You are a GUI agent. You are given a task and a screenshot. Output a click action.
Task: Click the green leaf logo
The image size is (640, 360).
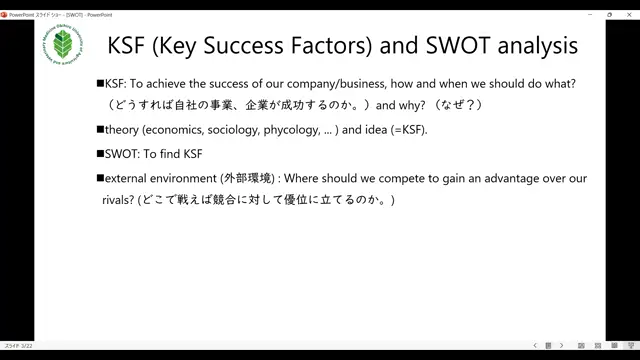point(63,46)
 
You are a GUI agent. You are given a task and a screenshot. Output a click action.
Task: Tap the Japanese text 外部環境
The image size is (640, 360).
point(249,177)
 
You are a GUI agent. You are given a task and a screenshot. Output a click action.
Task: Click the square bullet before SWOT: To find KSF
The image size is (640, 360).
point(100,153)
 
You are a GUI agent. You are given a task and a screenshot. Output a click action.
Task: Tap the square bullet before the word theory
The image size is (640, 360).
point(100,130)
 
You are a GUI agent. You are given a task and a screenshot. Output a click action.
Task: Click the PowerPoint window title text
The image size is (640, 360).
point(60,15)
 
